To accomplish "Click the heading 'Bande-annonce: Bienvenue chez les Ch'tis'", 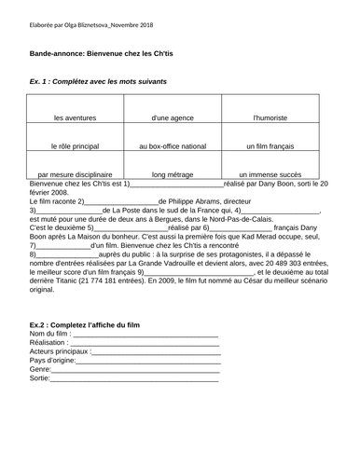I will (x=108, y=54).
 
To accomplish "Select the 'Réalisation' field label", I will (x=51, y=343).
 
